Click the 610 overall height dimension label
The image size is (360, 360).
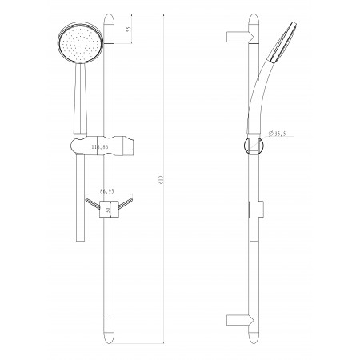[161, 179]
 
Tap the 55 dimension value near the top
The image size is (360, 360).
[129, 29]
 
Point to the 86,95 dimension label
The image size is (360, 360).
[107, 191]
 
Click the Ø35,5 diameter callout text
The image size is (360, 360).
[278, 134]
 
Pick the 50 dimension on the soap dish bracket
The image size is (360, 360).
[107, 210]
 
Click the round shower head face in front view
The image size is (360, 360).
[80, 43]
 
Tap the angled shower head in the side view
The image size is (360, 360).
[283, 42]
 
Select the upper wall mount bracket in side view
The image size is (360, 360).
[239, 37]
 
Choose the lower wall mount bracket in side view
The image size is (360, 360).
[239, 320]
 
